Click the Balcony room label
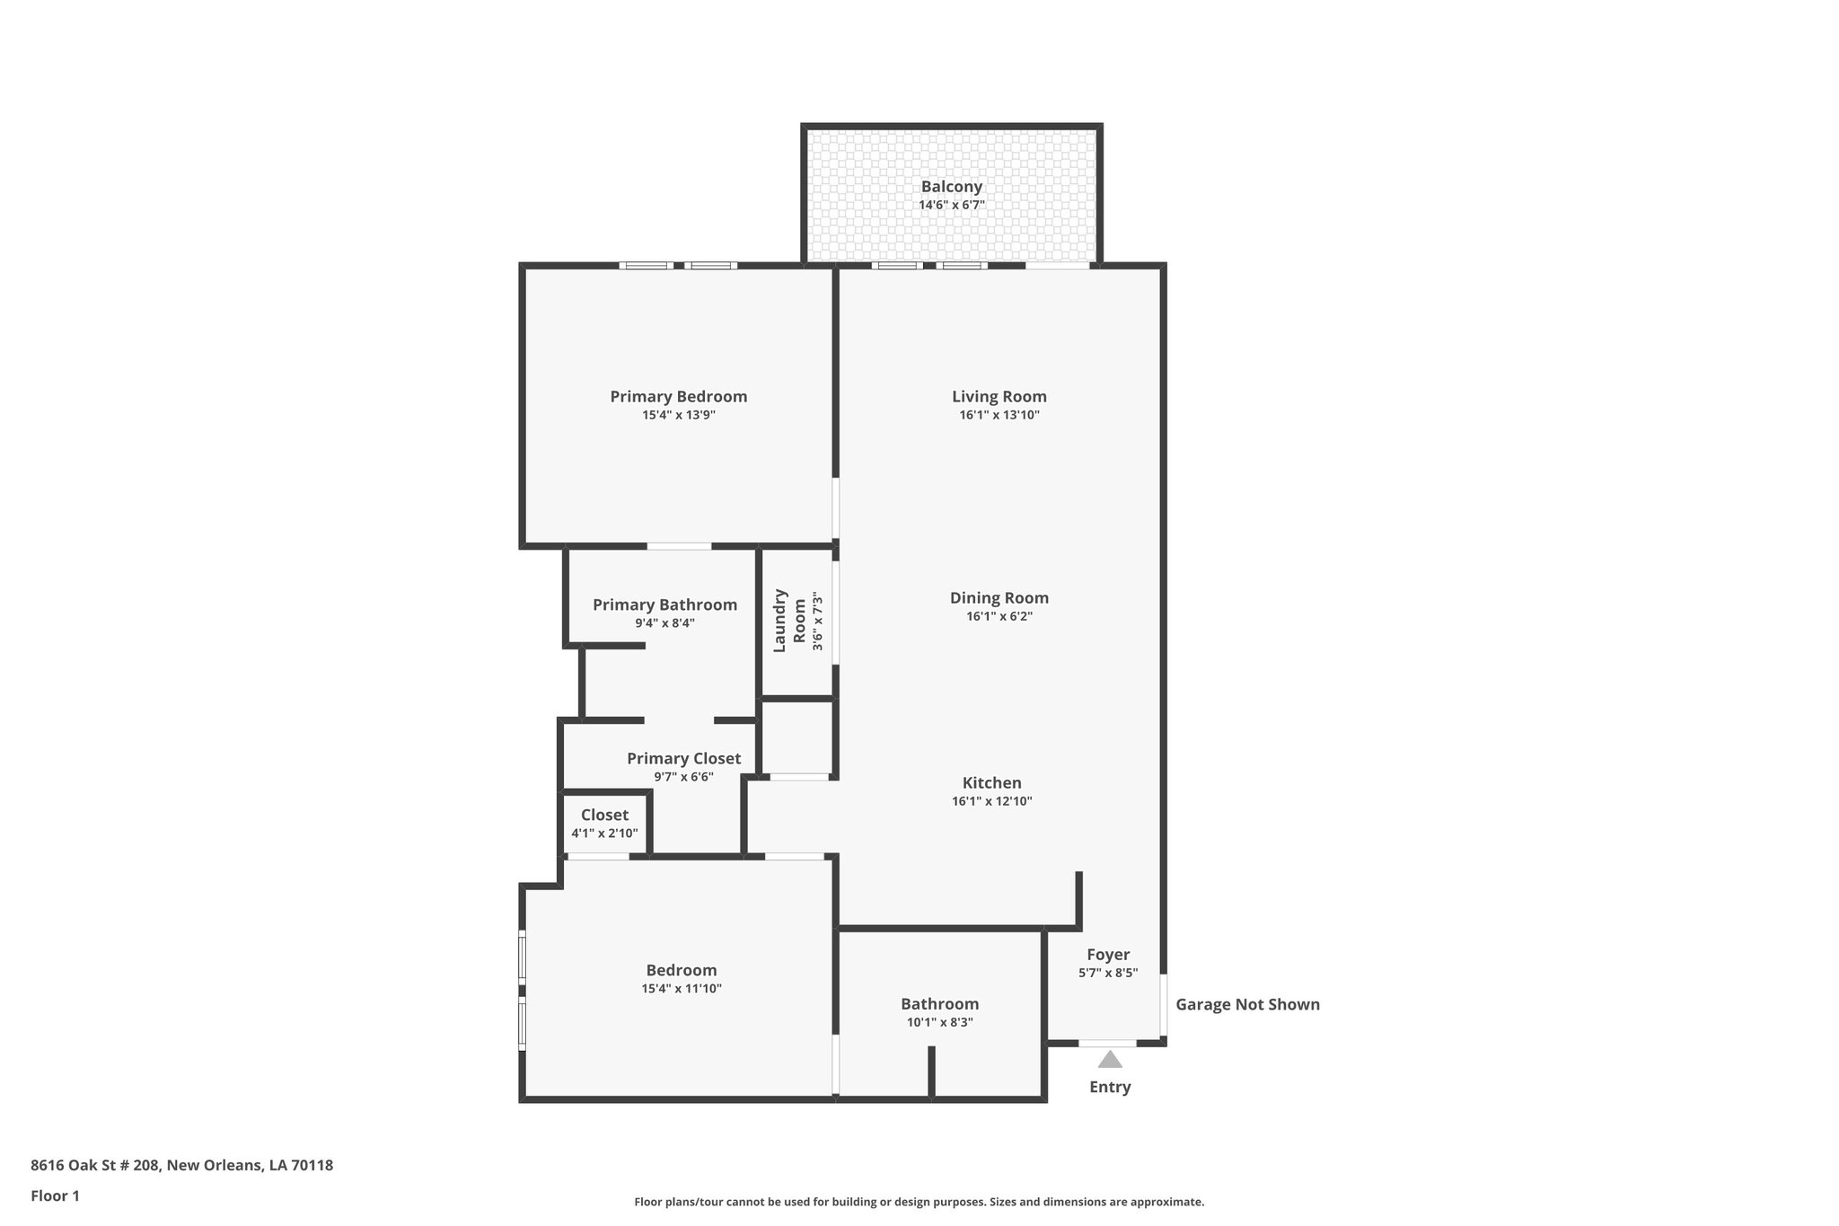click(x=951, y=187)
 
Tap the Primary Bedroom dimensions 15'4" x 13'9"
click(x=678, y=415)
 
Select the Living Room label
click(x=999, y=396)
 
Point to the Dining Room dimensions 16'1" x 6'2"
click(x=999, y=616)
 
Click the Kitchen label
click(x=991, y=782)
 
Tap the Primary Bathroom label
click(x=664, y=604)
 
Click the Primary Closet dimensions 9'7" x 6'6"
click(x=683, y=777)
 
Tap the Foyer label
click(x=1107, y=955)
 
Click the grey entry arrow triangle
click(x=1110, y=1060)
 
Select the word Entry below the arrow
click(x=1110, y=1087)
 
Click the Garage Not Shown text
click(x=1247, y=1004)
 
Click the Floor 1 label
click(x=55, y=1195)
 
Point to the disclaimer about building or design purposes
click(x=919, y=1202)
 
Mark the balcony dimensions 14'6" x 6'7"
click(x=951, y=205)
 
